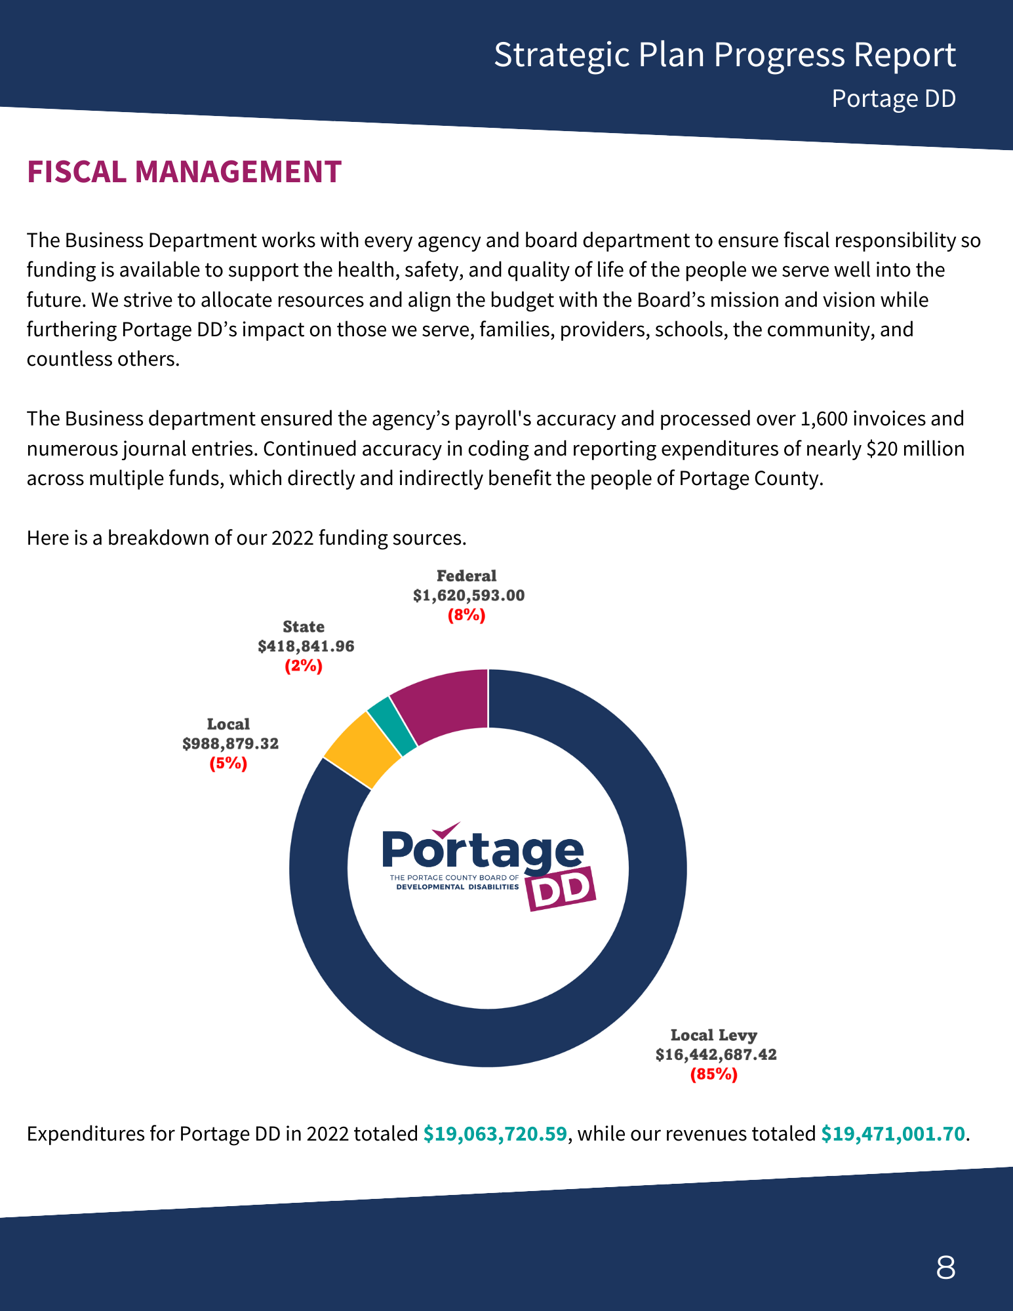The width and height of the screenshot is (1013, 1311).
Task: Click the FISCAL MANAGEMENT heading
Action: click(184, 172)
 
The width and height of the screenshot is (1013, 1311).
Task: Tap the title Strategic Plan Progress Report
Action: click(725, 55)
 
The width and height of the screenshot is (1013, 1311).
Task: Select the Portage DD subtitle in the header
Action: click(894, 99)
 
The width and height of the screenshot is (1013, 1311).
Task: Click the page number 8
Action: click(945, 1267)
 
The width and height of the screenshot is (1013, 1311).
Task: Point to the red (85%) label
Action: click(714, 1074)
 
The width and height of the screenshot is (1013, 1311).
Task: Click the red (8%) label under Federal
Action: click(467, 615)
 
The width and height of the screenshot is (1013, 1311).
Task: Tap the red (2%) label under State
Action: click(304, 666)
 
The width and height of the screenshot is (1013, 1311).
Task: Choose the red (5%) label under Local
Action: click(228, 763)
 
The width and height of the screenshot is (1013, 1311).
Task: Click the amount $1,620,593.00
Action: click(469, 595)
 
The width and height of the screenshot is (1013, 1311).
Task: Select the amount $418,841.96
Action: click(306, 646)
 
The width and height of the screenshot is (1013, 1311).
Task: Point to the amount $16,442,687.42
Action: click(716, 1055)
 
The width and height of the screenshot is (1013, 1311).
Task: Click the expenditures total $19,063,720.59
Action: click(495, 1133)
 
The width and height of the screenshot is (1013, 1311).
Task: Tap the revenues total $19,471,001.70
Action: click(893, 1133)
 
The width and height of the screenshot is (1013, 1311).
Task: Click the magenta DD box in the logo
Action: click(562, 890)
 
